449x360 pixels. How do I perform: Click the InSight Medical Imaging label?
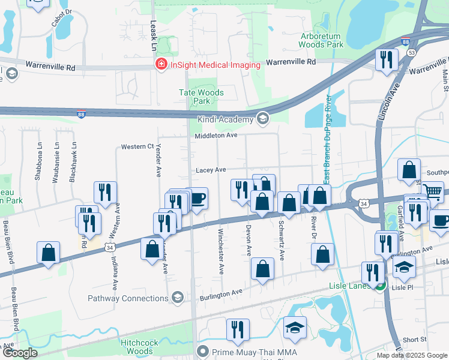tap(215, 65)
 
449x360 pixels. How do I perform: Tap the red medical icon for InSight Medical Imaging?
tap(161, 64)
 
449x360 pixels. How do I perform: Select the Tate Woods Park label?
tap(202, 97)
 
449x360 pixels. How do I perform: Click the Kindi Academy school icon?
tap(262, 119)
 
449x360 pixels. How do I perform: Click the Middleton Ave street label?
tap(215, 136)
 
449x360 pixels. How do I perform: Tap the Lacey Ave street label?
tap(211, 170)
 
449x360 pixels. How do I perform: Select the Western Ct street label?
tap(137, 146)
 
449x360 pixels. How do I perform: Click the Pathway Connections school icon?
tap(177, 298)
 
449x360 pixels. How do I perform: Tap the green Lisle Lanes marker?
tap(379, 286)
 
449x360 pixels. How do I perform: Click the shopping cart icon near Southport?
tap(433, 192)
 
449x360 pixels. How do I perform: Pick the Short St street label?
tap(415, 340)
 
